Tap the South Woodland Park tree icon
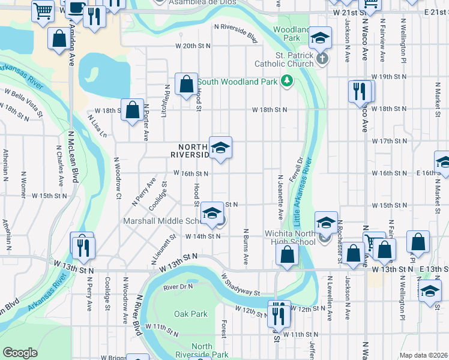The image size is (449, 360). (287, 81)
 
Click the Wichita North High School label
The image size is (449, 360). (290, 238)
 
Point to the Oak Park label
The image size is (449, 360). (190, 314)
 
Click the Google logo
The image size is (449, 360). (20, 353)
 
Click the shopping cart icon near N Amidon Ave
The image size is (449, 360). (42, 11)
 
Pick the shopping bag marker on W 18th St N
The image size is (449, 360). (131, 109)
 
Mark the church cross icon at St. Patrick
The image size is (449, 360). (322, 58)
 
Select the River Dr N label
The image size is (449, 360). (175, 287)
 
